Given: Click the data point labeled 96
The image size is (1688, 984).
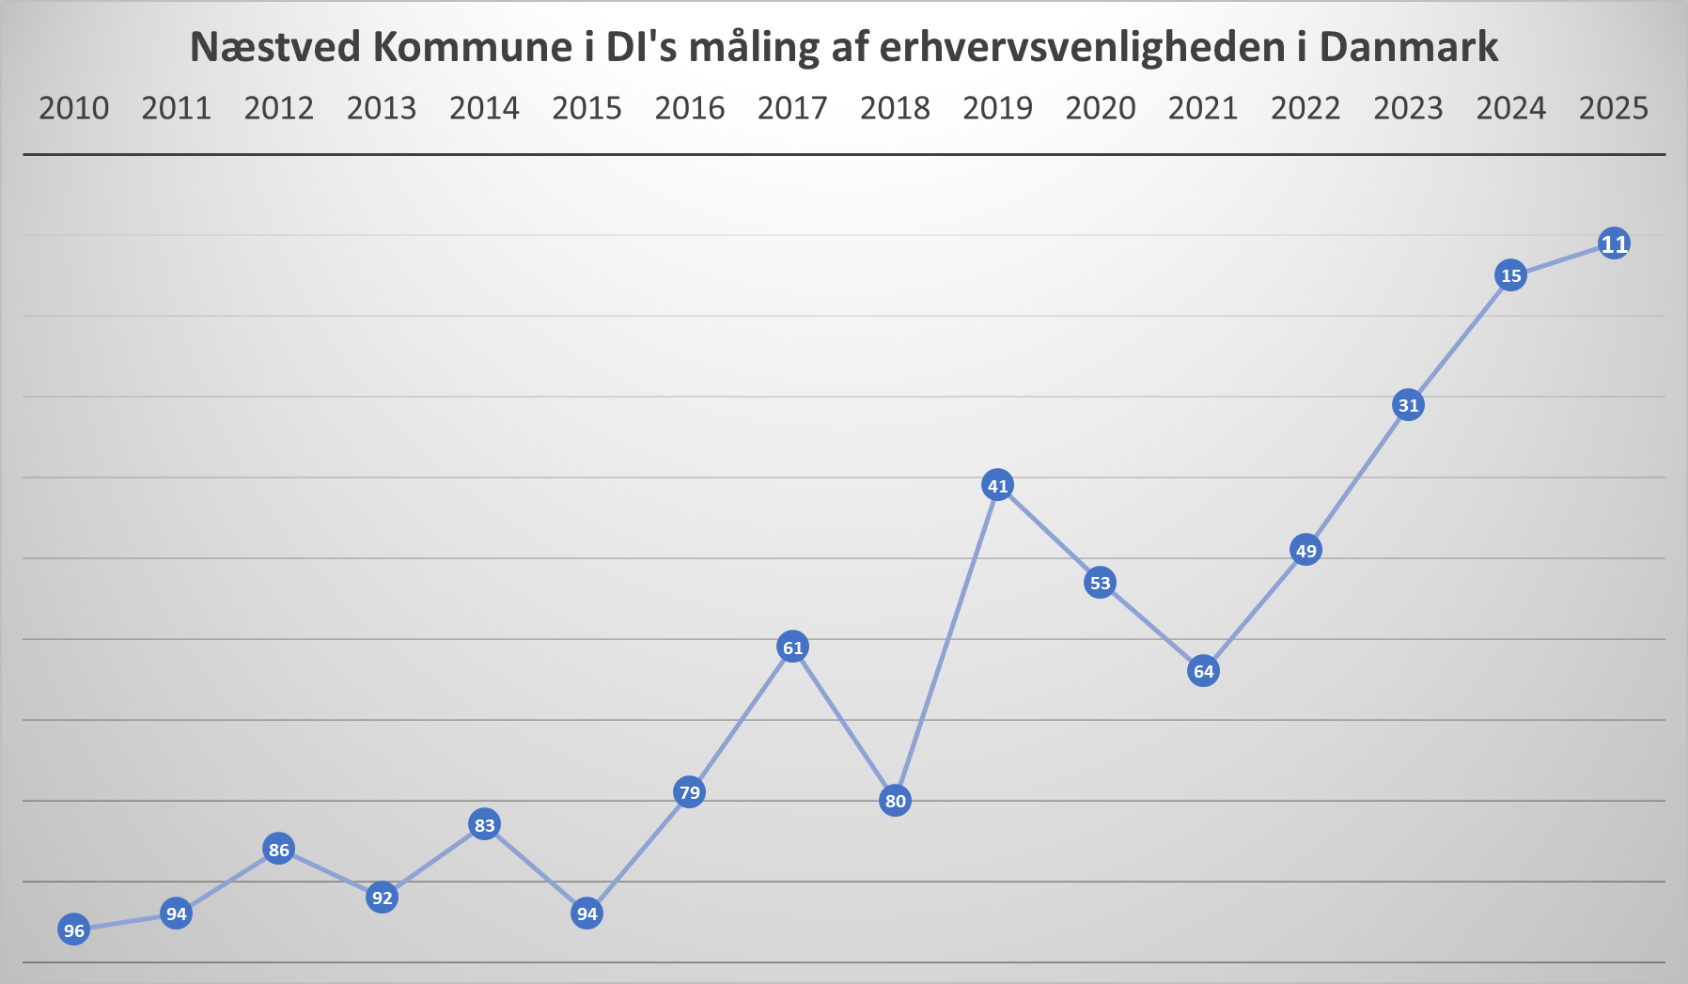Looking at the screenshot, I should click(73, 930).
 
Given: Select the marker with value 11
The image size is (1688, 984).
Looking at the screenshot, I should click(1614, 244).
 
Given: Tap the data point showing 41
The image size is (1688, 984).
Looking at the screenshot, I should click(997, 486).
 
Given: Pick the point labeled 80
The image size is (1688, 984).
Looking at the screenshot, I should click(895, 801).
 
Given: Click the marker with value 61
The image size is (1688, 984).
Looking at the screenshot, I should click(792, 647).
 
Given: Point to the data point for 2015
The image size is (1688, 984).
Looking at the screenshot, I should click(586, 914).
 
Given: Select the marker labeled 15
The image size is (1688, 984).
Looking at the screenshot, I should click(1510, 275).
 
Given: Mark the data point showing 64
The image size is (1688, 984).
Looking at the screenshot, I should click(1203, 671).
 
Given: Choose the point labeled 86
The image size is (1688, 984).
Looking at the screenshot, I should click(278, 851).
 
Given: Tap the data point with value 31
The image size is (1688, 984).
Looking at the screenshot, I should click(1408, 405).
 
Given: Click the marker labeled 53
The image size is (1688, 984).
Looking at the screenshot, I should click(1100, 583).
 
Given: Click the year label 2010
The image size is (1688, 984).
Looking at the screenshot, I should click(73, 109).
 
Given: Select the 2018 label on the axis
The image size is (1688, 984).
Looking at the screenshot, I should click(895, 109).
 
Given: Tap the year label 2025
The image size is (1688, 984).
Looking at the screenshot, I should click(1614, 109).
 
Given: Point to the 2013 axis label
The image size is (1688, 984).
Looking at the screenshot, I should click(382, 109).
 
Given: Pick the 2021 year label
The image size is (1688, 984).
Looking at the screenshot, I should click(1203, 109).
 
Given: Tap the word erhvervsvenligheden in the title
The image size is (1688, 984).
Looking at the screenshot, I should click(1082, 47).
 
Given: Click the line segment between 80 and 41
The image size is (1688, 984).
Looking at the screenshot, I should click(946, 643).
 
